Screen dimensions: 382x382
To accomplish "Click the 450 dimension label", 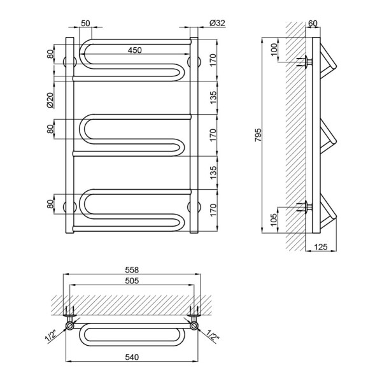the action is pos(135,50).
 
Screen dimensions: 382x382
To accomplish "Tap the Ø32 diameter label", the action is pos(217,23).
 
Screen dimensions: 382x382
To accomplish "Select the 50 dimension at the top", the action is pos(85,23).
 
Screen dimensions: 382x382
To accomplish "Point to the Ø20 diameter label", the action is pos(50,101).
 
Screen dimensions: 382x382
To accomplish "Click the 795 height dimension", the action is pos(258,135).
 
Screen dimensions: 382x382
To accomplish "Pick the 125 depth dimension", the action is pos(321,247).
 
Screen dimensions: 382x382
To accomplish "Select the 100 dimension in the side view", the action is pos(274,50).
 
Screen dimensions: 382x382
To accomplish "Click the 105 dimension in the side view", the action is pos(274,220).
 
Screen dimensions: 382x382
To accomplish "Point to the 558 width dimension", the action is pos(132,270).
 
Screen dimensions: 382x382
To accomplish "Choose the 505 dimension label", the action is pos(132,281).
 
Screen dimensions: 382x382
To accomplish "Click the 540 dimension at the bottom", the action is pos(132,357).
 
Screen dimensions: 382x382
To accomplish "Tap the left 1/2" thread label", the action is pos(51,337).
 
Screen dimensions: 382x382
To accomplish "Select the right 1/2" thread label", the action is pos(213,336).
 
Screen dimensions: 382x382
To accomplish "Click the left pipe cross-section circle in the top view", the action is pos(70,326).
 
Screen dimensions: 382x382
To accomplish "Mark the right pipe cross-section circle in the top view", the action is pos(194,326).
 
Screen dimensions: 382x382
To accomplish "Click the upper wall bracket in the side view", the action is pos(304,61).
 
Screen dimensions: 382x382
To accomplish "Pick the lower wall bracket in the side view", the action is pos(304,207).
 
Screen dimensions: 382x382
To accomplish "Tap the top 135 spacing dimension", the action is pos(213,97).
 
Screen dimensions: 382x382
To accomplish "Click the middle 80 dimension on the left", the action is pos(50,129).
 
